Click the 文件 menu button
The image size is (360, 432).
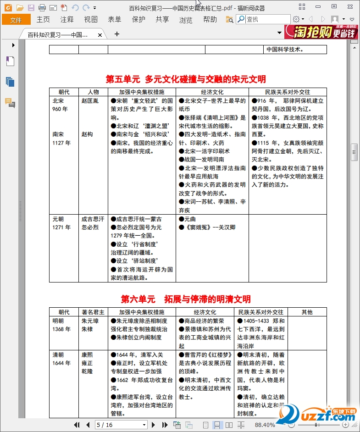pos(16,20)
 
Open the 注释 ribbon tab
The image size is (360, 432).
pos(67,20)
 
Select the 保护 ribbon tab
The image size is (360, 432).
pos(138,20)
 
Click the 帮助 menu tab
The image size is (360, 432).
pos(210,20)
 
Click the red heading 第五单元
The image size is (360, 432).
pos(122,79)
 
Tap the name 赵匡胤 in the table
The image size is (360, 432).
pos(90,101)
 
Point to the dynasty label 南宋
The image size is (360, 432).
pos(58,134)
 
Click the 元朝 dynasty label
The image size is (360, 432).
pos(58,219)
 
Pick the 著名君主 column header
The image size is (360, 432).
pos(93,312)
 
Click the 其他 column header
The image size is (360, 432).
pos(307,312)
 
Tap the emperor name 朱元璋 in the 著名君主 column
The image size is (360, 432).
pos(90,321)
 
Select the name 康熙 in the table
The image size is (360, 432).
pos(87,355)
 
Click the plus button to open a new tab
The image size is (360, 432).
pos(117,34)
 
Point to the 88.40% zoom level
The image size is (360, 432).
pos(265,425)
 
